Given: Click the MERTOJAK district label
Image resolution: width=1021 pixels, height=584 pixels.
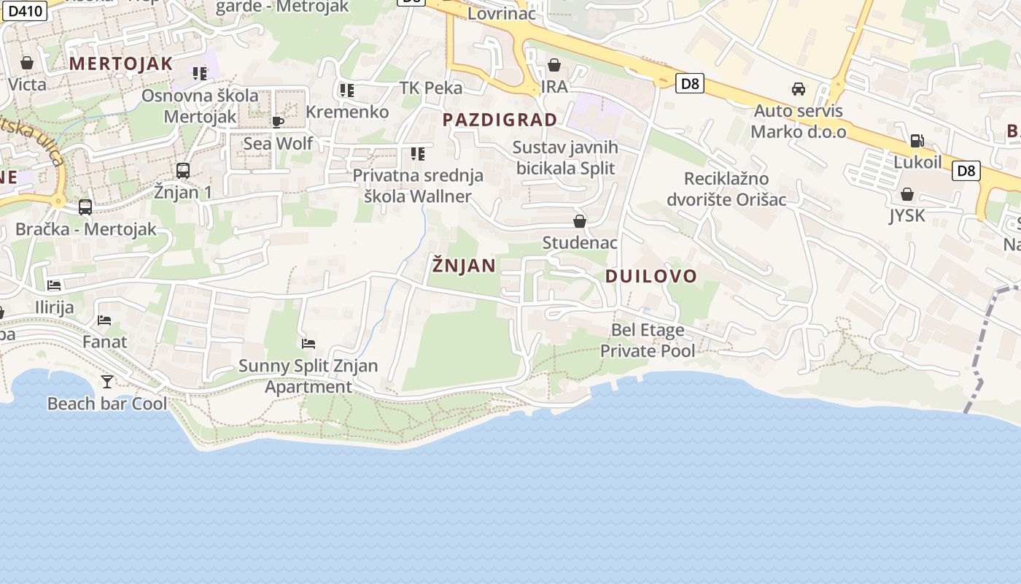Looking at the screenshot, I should [121, 64].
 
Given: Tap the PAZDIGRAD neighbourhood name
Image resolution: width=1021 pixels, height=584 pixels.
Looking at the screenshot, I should [500, 120].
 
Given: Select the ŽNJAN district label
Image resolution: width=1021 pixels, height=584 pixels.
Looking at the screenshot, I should [464, 265].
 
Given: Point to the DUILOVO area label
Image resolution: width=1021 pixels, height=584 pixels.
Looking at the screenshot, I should [651, 276].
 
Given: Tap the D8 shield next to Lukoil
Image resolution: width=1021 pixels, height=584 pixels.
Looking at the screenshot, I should [966, 171].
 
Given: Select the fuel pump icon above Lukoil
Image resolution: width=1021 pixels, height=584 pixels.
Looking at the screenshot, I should [917, 141].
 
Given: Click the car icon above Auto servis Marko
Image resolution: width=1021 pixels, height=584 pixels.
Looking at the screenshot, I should [799, 89].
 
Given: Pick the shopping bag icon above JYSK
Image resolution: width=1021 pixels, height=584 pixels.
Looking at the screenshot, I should [907, 194].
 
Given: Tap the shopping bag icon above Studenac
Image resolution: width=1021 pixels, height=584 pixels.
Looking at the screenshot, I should [580, 221].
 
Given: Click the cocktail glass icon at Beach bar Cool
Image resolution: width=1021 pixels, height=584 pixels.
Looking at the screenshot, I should [107, 382].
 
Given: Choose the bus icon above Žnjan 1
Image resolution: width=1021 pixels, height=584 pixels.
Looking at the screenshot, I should [183, 171].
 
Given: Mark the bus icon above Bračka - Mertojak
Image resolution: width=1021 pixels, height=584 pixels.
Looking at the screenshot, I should [85, 207].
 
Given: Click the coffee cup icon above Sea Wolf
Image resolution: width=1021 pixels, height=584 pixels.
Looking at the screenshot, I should [277, 121].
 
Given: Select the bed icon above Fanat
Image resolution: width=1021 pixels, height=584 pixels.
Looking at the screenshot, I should [104, 320].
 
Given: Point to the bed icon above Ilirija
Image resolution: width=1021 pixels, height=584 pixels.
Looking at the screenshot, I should [54, 285].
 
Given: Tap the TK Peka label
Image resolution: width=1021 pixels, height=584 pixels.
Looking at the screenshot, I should [431, 88].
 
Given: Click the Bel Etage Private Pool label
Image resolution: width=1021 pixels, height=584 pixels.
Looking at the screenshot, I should [648, 340].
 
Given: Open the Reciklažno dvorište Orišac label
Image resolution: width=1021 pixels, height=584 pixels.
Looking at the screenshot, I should [726, 188].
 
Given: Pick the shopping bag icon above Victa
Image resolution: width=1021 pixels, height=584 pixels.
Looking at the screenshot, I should [27, 63].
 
